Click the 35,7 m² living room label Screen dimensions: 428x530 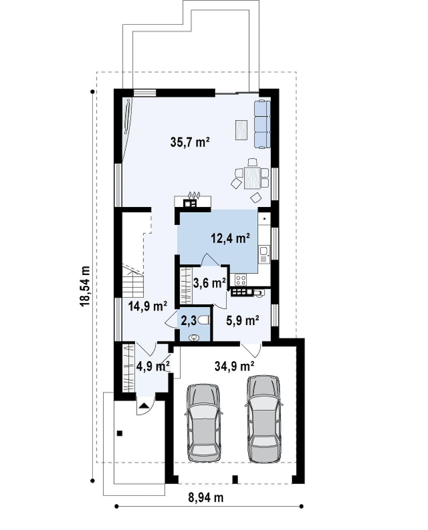pos(190,142)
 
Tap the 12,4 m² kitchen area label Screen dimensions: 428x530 pos(230,238)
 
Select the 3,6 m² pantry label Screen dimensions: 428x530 pos(209,283)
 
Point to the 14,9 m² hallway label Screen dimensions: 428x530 pos(148,307)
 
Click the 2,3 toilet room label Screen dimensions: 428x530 pos(189,321)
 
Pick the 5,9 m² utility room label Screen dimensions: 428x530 pos(243,321)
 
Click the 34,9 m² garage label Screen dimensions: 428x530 pos(234,366)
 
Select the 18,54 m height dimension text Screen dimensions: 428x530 pos(84,286)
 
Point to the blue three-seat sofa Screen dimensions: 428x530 pos(262,124)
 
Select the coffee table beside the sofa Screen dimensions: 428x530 pos(242,130)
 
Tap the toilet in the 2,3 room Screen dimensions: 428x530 pos(204,320)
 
